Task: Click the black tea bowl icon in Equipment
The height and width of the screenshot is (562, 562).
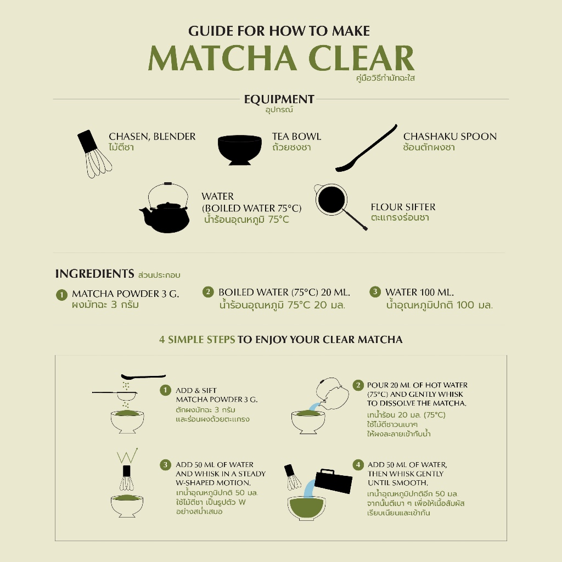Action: pyautogui.click(x=240, y=150)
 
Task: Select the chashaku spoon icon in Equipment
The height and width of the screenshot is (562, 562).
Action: pyautogui.click(x=366, y=148)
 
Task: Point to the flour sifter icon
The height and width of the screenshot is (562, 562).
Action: pyautogui.click(x=335, y=203)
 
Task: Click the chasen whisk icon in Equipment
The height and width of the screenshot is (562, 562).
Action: pyautogui.click(x=94, y=154)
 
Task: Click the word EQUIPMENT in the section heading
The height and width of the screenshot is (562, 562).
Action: pyautogui.click(x=279, y=99)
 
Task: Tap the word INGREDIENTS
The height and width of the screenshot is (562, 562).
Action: pyautogui.click(x=94, y=273)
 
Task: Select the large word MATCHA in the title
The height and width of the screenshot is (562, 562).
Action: pyautogui.click(x=222, y=58)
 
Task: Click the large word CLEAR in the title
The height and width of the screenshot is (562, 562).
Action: pyautogui.click(x=361, y=58)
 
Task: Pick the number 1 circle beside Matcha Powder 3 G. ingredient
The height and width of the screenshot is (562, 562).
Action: pyautogui.click(x=61, y=295)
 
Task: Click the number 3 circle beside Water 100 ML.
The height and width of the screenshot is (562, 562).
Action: pyautogui.click(x=375, y=292)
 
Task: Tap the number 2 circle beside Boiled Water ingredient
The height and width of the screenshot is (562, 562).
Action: pyautogui.click(x=208, y=292)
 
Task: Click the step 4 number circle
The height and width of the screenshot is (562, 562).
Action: pyautogui.click(x=358, y=465)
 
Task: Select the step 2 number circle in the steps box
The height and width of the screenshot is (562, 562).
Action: pyautogui.click(x=358, y=385)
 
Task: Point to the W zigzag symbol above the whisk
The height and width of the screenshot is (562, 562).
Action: pyautogui.click(x=127, y=455)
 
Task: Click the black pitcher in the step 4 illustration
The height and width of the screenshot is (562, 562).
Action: pyautogui.click(x=333, y=481)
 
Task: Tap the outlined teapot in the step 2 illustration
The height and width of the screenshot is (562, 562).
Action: pyautogui.click(x=332, y=394)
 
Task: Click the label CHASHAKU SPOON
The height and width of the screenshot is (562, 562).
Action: pyautogui.click(x=450, y=137)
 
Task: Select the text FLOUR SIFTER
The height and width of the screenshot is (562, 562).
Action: pyautogui.click(x=403, y=207)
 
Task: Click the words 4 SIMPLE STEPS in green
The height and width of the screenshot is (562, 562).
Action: pyautogui.click(x=197, y=339)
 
